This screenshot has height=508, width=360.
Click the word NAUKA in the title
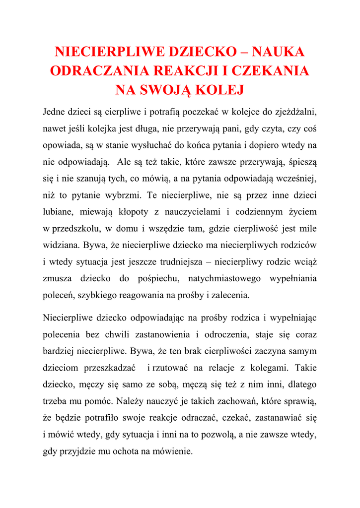click(278, 52)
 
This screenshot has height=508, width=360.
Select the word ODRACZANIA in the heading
click(93, 70)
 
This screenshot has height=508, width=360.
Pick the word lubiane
click(58, 212)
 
